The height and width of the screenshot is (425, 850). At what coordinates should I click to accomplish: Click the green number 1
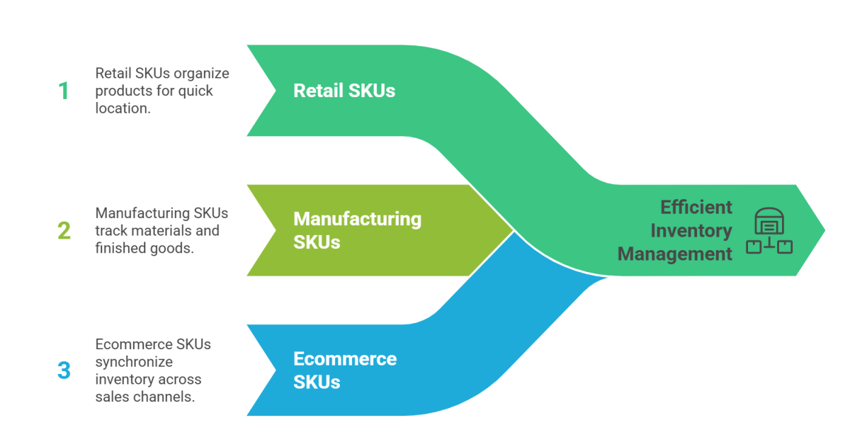tap(64, 91)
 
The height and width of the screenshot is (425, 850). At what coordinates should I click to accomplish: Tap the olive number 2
tap(64, 230)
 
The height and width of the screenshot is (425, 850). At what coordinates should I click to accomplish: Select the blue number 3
tap(64, 370)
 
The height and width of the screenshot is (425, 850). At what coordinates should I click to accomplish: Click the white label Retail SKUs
tap(344, 91)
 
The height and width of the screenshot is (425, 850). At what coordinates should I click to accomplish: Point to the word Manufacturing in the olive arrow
tap(357, 218)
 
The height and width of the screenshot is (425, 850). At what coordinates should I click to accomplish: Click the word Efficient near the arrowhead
tap(696, 207)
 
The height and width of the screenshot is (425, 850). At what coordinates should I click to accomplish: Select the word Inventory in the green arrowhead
tap(691, 230)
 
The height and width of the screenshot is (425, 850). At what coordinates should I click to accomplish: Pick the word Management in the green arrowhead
tap(675, 254)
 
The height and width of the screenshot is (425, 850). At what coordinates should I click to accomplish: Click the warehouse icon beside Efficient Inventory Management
tap(769, 230)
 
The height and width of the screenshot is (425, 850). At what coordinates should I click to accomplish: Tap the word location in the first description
tap(122, 108)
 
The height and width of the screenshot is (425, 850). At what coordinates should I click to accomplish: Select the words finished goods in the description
tap(144, 248)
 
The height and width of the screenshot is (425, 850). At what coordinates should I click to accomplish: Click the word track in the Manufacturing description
tap(110, 230)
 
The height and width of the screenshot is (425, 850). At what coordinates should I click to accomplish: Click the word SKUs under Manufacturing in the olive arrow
tap(317, 242)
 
